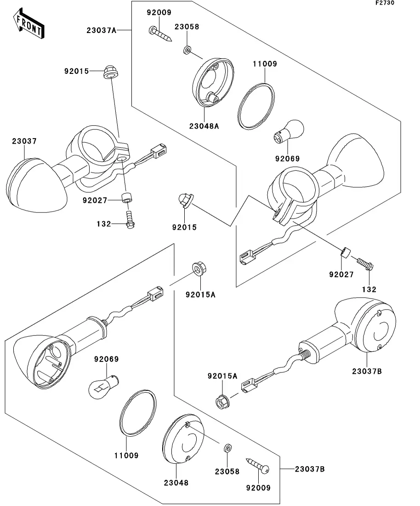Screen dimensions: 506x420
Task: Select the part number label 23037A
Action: click(101, 31)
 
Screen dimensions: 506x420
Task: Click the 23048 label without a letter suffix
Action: click(176, 483)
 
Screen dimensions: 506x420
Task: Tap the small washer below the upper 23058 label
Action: click(187, 49)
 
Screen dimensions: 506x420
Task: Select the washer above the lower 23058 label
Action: click(227, 448)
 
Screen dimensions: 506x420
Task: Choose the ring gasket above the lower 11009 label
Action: click(137, 411)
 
